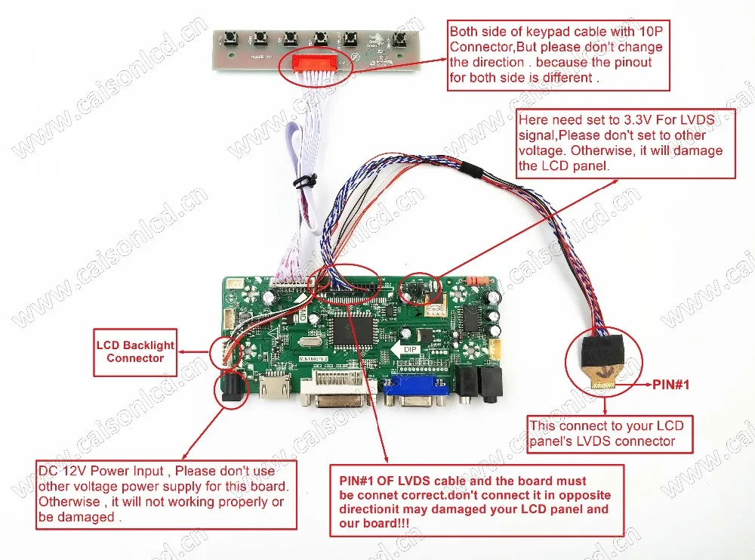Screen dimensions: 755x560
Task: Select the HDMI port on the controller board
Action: pyautogui.click(x=276, y=387)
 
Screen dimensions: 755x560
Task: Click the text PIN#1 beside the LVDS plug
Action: pyautogui.click(x=670, y=385)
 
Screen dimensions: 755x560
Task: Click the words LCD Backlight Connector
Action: pyautogui.click(x=135, y=351)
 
